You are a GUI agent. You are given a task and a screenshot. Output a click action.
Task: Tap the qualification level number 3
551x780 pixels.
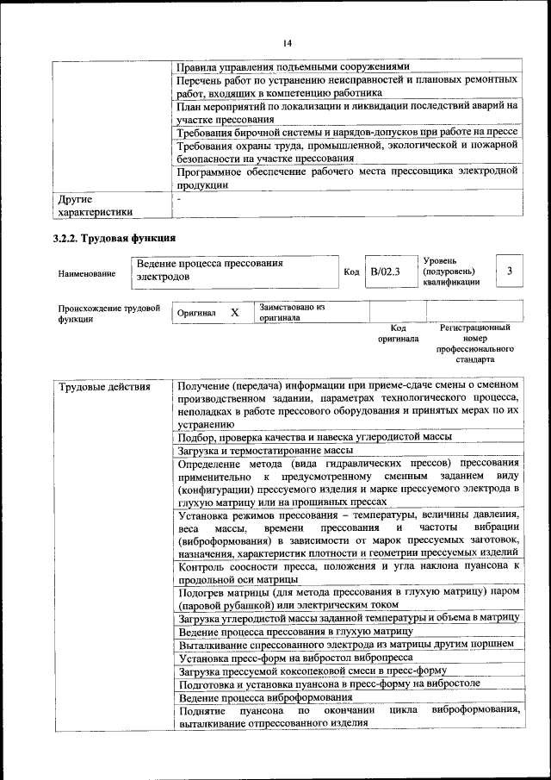tap(511, 271)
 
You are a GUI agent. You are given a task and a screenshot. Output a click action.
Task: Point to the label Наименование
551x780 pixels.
tap(87, 273)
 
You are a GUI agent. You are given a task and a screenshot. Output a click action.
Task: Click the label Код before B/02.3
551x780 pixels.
tap(351, 272)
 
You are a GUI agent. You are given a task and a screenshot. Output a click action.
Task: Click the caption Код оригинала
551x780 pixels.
tap(397, 334)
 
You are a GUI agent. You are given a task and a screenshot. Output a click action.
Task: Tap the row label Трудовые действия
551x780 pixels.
tap(104, 386)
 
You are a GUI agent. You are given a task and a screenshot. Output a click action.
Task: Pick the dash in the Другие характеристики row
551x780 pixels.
tap(178, 199)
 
